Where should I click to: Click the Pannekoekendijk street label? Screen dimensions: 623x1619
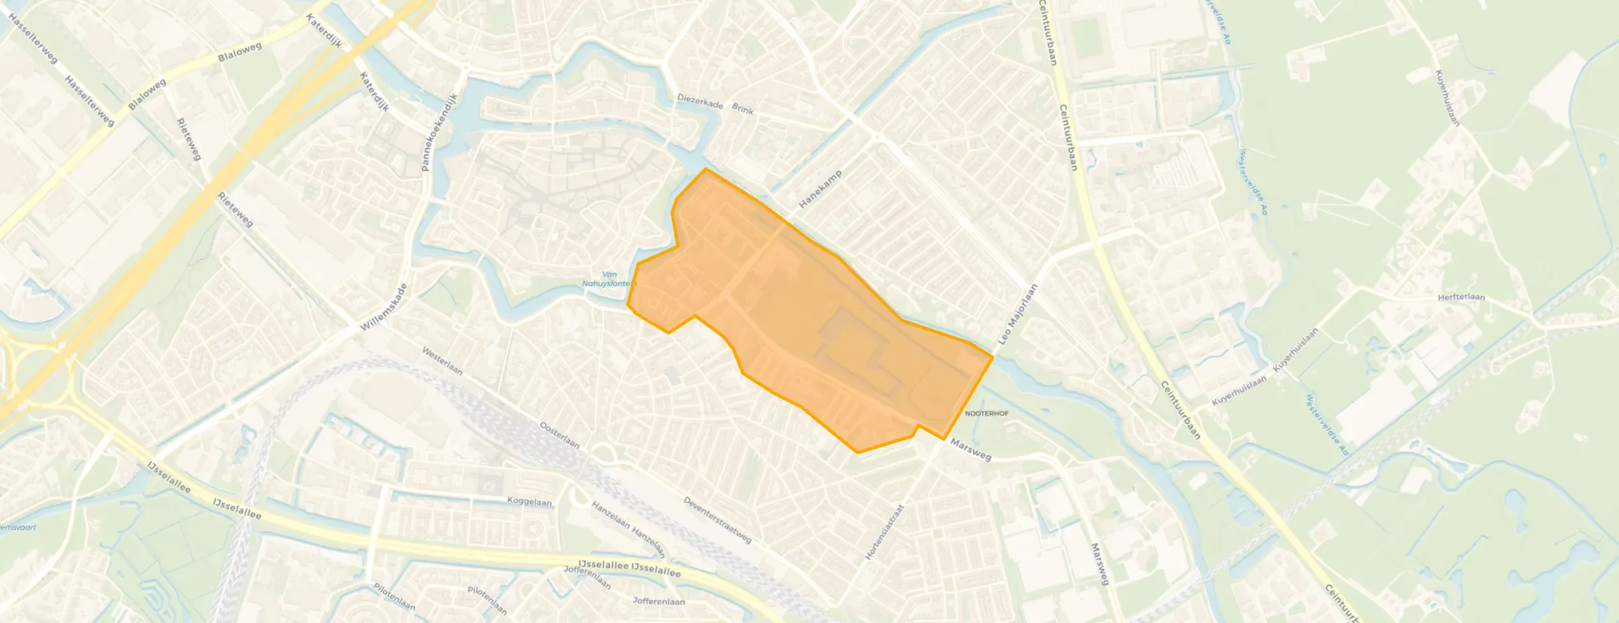[440, 131]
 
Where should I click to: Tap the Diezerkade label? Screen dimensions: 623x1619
[700, 102]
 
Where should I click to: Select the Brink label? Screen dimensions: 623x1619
[742, 108]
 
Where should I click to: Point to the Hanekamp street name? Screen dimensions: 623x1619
[820, 189]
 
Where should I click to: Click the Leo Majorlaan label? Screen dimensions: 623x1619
[1018, 314]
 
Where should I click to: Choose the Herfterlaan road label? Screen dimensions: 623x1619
[1461, 297]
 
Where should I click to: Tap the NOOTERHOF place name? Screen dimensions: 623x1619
[986, 413]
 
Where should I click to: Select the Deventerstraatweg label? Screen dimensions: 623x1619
[717, 520]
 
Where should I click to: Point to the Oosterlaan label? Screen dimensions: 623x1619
[559, 435]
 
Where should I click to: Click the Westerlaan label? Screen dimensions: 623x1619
[442, 361]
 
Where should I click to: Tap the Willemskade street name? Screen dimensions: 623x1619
[383, 307]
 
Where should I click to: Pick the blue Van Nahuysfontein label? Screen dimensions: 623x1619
[607, 279]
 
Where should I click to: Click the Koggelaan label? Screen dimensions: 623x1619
[529, 502]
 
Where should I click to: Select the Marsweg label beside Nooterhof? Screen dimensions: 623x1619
[971, 449]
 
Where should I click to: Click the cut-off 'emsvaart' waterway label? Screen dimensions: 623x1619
[18, 528]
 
